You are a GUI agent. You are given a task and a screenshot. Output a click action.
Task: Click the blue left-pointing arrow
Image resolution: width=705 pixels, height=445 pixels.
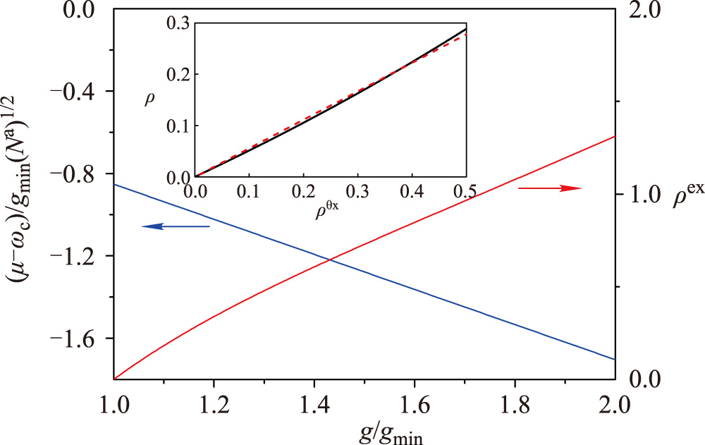(x=176, y=226)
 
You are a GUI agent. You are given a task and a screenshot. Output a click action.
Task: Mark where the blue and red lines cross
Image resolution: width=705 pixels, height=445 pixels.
(x=330, y=261)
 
